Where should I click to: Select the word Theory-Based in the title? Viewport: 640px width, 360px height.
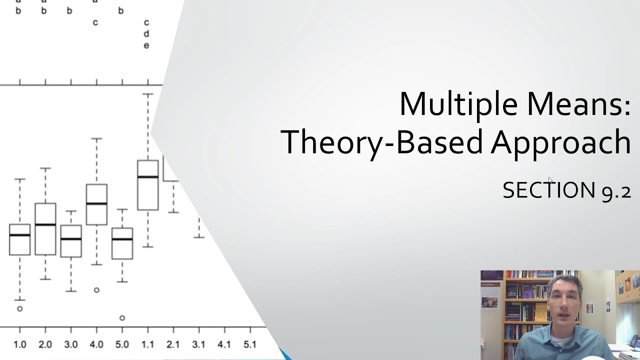[382, 142]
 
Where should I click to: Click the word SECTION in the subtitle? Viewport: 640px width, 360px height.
[548, 190]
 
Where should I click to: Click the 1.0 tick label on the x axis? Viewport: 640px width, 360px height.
[19, 344]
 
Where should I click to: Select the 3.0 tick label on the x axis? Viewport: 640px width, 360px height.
[71, 344]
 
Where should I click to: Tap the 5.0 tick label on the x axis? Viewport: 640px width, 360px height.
[122, 344]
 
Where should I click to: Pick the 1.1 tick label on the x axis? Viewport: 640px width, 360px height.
[147, 344]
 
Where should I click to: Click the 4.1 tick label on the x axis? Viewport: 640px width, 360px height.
[224, 344]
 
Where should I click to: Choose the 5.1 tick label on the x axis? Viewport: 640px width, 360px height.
[249, 344]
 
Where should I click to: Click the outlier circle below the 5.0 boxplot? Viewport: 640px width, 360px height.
[122, 317]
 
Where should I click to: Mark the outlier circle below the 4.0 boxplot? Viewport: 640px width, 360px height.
[96, 290]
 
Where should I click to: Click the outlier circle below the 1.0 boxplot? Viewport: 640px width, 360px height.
[20, 308]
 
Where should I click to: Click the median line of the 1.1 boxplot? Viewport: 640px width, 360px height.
[147, 177]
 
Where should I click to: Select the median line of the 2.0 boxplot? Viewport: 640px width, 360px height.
[45, 224]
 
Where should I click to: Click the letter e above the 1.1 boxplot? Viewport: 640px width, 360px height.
[146, 45]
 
